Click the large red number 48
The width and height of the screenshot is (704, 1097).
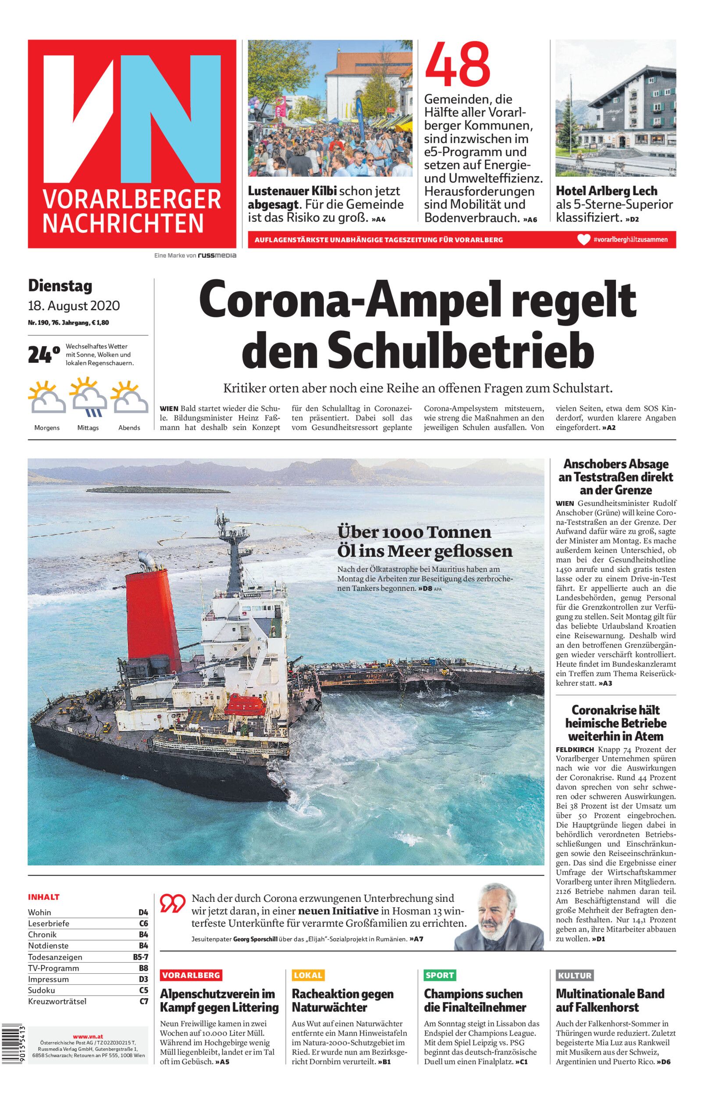(457, 65)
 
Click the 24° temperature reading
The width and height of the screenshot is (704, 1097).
(44, 355)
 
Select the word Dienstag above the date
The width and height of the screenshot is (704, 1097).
(60, 286)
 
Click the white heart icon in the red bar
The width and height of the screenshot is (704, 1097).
(583, 239)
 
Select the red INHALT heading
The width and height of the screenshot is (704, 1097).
(44, 897)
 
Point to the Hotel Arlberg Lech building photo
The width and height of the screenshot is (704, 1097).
(615, 108)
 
